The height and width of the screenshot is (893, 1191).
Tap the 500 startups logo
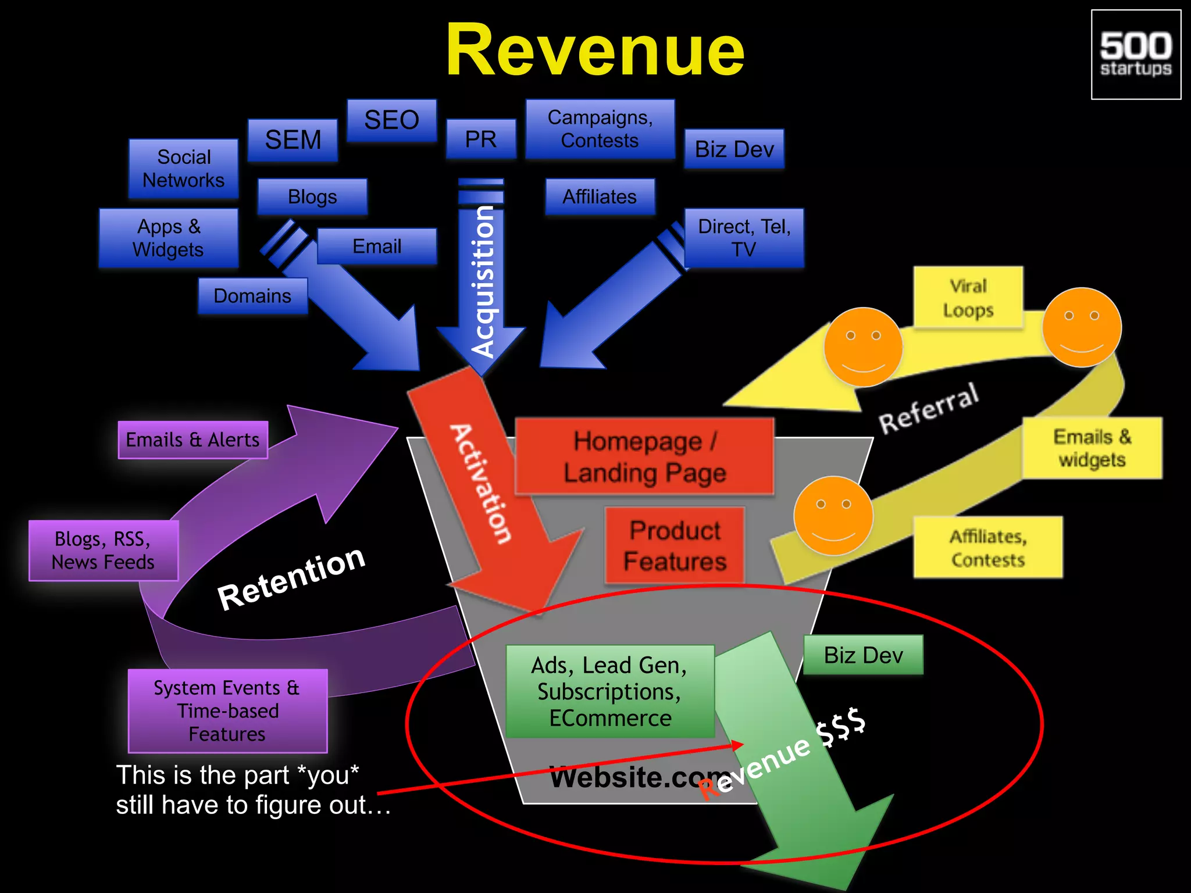[x=1135, y=55]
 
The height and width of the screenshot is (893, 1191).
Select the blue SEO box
[x=391, y=120]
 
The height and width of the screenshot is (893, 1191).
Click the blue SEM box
[x=293, y=140]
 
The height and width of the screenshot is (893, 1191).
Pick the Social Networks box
[x=183, y=169]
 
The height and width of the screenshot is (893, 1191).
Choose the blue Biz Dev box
[x=734, y=149]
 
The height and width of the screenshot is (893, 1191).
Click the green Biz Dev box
[x=863, y=655]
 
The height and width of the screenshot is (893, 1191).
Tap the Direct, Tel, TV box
[x=744, y=238]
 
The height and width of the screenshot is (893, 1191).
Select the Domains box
[x=252, y=296]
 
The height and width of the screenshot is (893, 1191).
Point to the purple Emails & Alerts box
[x=192, y=440]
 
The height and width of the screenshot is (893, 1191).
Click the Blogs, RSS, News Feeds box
[x=103, y=551]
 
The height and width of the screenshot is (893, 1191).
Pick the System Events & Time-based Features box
[x=227, y=710]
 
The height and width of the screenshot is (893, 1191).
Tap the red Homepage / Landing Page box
[x=644, y=457]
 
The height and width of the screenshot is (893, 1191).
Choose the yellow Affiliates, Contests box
[x=987, y=548]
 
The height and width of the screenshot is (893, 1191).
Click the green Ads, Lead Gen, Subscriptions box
[x=609, y=691]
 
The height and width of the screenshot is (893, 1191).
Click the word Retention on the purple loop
[x=291, y=578]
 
